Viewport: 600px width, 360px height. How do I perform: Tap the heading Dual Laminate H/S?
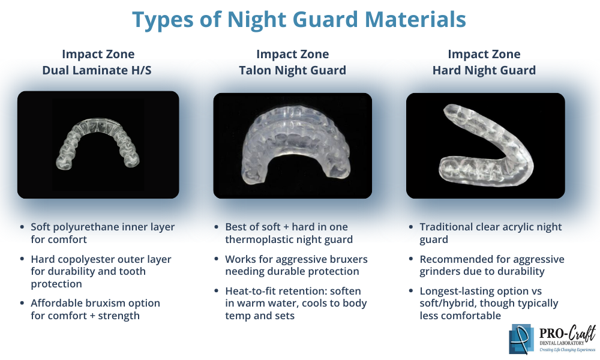tap(97, 70)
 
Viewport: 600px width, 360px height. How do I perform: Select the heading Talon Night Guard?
tap(292, 70)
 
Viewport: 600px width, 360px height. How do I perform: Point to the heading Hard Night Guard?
tap(484, 70)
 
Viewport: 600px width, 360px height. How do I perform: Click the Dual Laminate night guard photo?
tap(98, 145)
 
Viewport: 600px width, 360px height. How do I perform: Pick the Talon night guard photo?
tap(292, 145)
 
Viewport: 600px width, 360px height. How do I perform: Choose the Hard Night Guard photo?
tap(485, 145)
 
